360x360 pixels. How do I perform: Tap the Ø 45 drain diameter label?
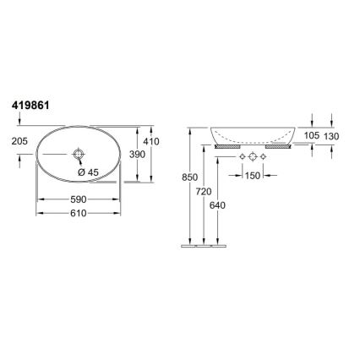pos(89,172)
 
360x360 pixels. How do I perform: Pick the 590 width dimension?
pos(78,199)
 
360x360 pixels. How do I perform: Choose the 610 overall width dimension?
pos(78,215)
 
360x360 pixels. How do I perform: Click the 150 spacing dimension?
pos(253,176)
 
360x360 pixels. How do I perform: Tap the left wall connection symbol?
pos(242,158)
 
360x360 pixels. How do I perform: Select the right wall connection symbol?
pos(264,158)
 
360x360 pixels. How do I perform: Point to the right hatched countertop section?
pos(280,145)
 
